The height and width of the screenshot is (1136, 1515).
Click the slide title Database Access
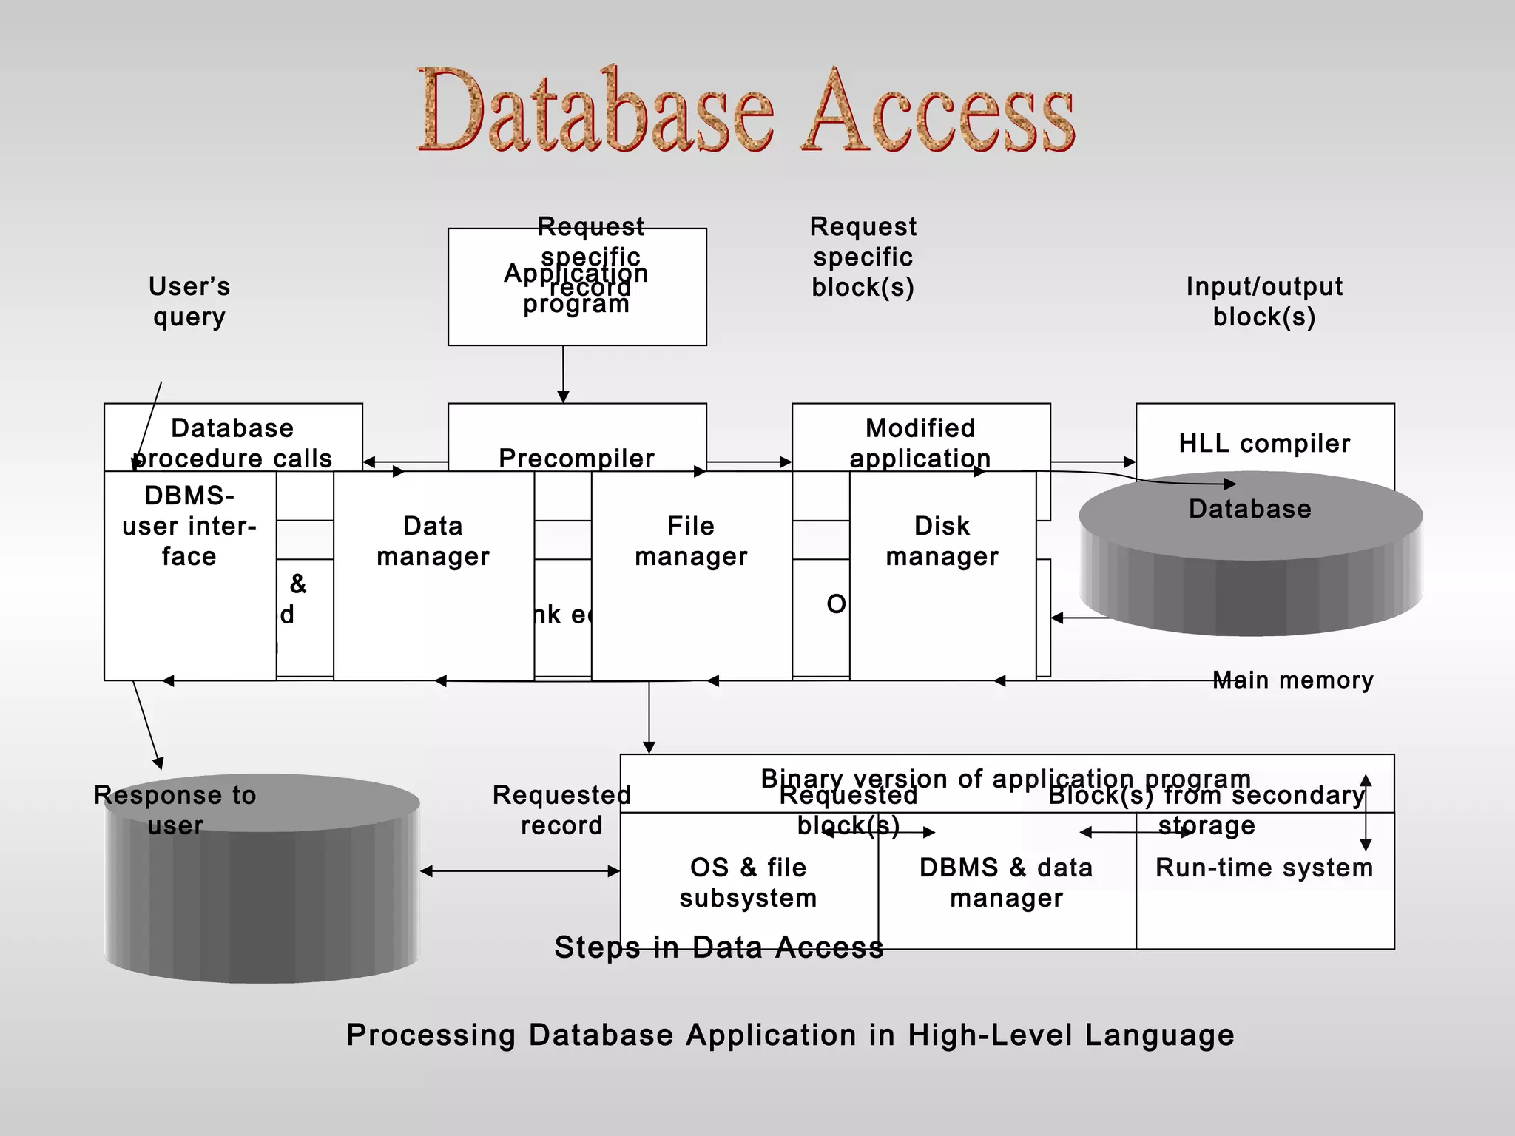[746, 111]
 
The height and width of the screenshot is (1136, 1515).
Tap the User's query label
[189, 302]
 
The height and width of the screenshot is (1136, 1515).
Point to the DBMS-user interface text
[189, 526]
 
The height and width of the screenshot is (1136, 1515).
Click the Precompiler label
[576, 458]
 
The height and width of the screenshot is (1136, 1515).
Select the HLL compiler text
[1264, 443]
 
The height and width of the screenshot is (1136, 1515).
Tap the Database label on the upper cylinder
[1249, 509]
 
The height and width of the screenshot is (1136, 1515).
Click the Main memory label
[1293, 680]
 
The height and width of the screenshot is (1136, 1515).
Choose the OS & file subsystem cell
[748, 882]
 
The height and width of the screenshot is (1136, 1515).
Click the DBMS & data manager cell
[1006, 882]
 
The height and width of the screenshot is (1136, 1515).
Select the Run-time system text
[1264, 868]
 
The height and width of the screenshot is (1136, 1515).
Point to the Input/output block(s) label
[1264, 302]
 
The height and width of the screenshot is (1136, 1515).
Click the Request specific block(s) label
[863, 257]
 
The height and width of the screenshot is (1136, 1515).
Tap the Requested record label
[561, 810]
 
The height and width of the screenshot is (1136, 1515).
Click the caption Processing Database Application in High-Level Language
[790, 1035]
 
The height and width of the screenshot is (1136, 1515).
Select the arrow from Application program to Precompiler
[563, 373]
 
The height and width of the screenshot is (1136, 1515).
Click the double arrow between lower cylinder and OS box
[520, 871]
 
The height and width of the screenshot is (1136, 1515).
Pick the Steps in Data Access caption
[719, 947]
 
